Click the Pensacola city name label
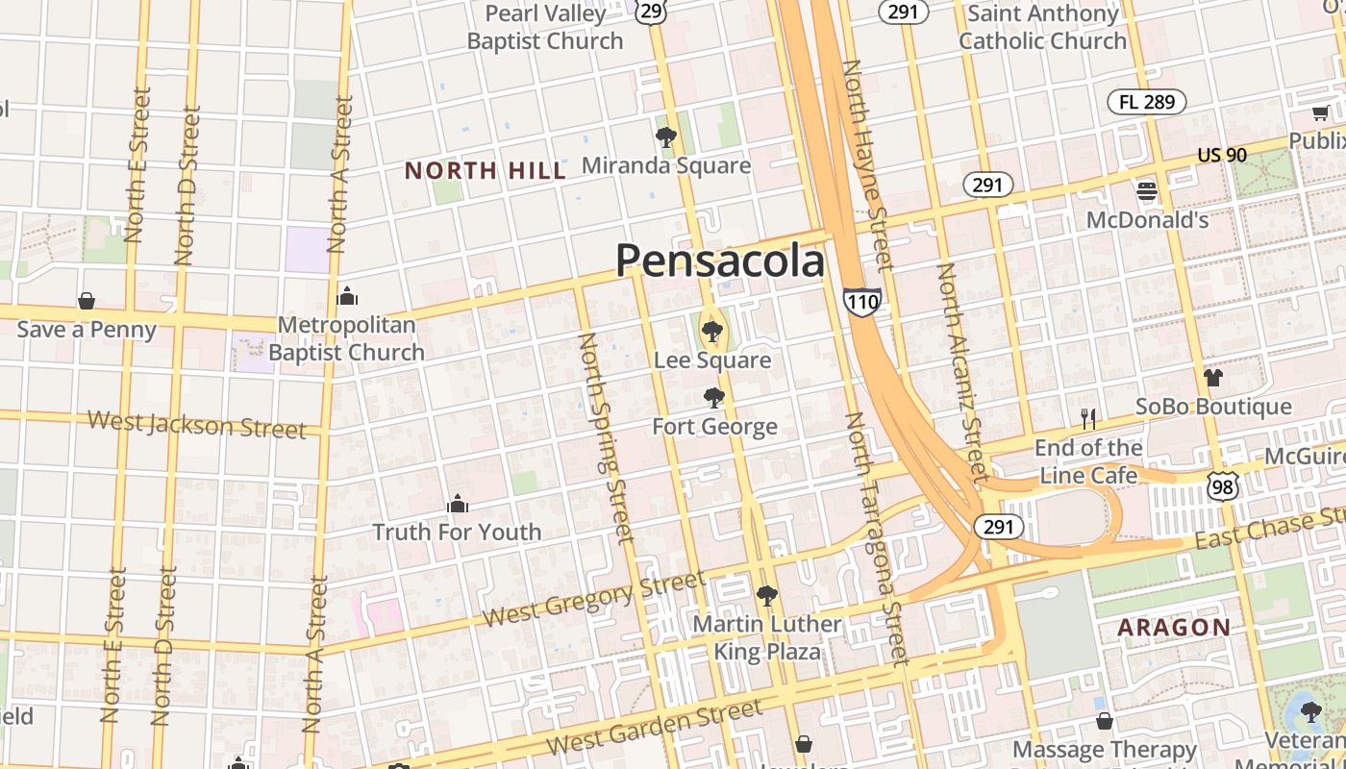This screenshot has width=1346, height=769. point(719,261)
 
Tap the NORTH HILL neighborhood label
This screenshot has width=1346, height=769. point(485,171)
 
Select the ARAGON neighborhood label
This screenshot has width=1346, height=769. point(1173,628)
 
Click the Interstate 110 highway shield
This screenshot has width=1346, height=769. point(861,302)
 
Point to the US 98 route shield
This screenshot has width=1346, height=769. point(1223,486)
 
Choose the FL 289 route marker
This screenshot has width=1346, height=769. point(1146,102)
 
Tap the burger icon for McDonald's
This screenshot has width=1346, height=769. point(1146,190)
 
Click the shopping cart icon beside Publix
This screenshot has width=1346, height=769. point(1321,113)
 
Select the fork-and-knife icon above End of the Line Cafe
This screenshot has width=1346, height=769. point(1088,418)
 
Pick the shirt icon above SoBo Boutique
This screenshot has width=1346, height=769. point(1213,377)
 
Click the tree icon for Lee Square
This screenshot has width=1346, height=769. point(711,333)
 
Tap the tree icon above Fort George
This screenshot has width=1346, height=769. point(713,397)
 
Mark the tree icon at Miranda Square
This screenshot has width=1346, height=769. point(665,136)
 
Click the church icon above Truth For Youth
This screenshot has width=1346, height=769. point(458,504)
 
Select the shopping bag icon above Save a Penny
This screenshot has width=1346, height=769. point(87,301)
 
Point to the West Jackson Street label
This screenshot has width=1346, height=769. point(196,424)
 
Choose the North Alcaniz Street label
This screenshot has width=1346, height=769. point(961,372)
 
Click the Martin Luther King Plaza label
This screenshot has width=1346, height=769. point(766,638)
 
